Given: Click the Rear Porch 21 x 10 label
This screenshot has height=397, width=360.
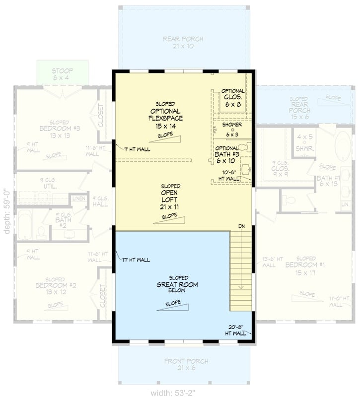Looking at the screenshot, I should click(183, 43).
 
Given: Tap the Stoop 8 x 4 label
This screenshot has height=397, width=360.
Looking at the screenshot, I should click(63, 74).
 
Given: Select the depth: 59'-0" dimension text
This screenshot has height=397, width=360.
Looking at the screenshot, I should click(6, 211).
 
